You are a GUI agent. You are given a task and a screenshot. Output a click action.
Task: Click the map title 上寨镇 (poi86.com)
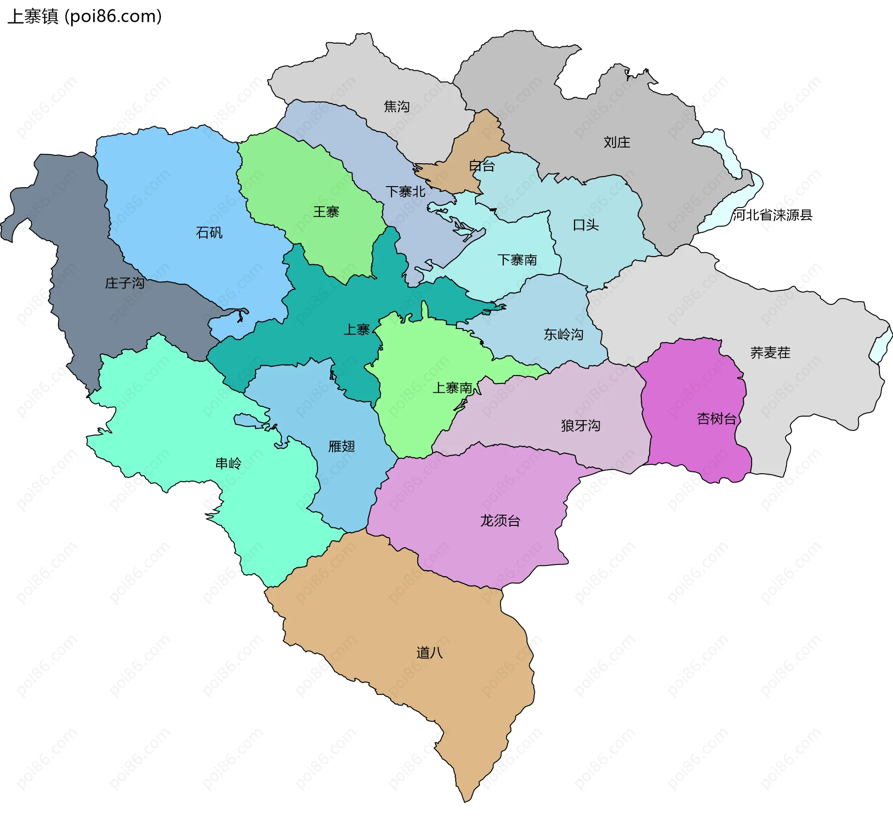(85, 16)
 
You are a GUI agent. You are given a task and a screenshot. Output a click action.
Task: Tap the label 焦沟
(396, 107)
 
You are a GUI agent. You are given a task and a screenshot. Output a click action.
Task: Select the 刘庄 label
(616, 142)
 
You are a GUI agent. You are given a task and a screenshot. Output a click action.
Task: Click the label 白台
(481, 166)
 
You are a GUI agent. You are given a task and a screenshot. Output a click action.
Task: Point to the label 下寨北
(405, 191)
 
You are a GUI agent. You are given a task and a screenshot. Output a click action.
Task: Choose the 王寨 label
(326, 212)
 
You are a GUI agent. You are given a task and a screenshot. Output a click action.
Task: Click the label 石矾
(209, 233)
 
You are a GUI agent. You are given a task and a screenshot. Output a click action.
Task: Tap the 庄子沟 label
(124, 283)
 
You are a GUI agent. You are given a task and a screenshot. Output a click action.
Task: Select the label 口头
(585, 225)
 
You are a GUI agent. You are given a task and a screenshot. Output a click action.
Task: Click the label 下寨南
(517, 260)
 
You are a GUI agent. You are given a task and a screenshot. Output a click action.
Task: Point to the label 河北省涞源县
(772, 215)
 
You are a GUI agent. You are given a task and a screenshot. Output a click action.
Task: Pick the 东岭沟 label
(563, 335)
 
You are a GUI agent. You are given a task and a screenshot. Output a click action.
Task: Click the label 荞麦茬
(770, 353)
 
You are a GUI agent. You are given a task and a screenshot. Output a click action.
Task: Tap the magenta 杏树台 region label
(716, 419)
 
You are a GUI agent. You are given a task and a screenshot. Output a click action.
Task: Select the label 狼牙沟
(580, 425)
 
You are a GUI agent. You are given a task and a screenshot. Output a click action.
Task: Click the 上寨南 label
(452, 388)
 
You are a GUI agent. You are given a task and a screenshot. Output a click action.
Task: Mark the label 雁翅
(341, 447)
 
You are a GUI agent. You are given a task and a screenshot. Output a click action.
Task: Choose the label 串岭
(228, 464)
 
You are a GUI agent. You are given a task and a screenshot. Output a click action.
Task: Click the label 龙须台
(500, 521)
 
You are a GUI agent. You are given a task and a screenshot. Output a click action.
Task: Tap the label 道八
(429, 653)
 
